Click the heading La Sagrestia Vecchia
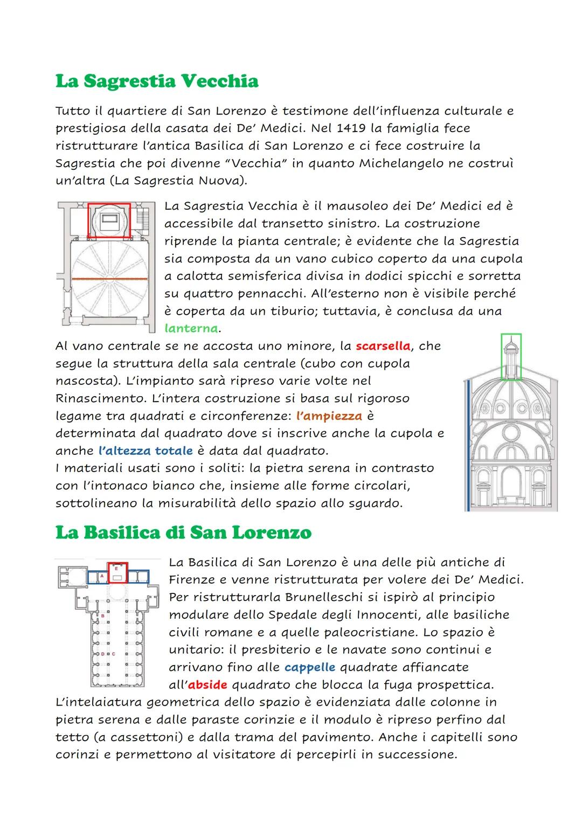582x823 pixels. click(x=157, y=81)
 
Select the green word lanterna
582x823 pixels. click(x=191, y=328)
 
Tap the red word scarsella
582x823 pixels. click(x=383, y=345)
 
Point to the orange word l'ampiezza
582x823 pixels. click(x=329, y=416)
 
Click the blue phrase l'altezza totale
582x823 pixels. click(x=145, y=451)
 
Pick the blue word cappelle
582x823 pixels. click(x=309, y=667)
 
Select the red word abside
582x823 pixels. click(x=207, y=685)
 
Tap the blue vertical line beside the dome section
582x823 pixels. click(x=468, y=445)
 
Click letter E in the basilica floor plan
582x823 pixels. click(x=117, y=567)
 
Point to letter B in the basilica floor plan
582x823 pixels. click(x=102, y=615)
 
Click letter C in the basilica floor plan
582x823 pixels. click(x=114, y=654)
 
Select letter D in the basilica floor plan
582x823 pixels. click(x=102, y=654)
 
